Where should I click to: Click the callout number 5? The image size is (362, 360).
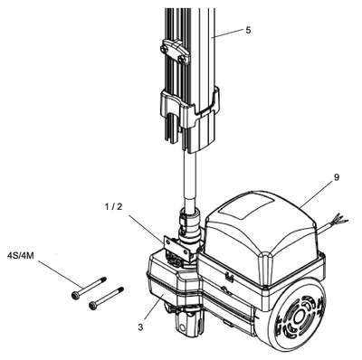pyautogui.click(x=248, y=30)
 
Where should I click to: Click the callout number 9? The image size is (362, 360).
pyautogui.click(x=336, y=177)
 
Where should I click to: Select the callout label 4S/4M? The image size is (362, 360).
pyautogui.click(x=20, y=256)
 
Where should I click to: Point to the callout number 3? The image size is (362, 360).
pyautogui.click(x=140, y=327)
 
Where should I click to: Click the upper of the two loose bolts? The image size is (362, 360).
pyautogui.click(x=89, y=287)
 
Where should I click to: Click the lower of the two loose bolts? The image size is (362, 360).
pyautogui.click(x=106, y=298)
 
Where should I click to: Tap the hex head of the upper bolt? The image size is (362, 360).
pyautogui.click(x=75, y=294)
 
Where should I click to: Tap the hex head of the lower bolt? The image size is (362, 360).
pyautogui.click(x=92, y=306)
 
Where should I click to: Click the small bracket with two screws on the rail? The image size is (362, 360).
pyautogui.click(x=175, y=52)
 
